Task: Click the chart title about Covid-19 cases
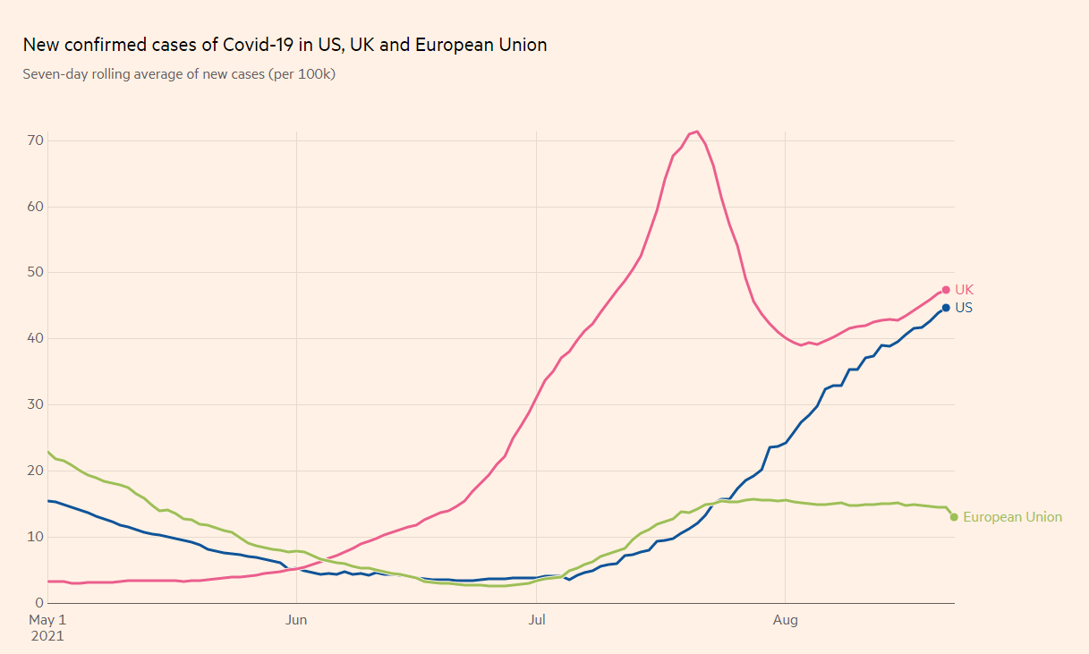285,45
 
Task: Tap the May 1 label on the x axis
48,619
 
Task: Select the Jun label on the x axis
296,619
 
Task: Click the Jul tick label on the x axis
537,619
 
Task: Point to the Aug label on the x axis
785,619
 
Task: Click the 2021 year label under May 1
48,636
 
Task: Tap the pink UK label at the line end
964,290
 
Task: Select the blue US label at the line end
964,308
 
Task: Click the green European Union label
1012,517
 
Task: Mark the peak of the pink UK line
697,132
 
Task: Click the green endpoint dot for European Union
954,517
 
